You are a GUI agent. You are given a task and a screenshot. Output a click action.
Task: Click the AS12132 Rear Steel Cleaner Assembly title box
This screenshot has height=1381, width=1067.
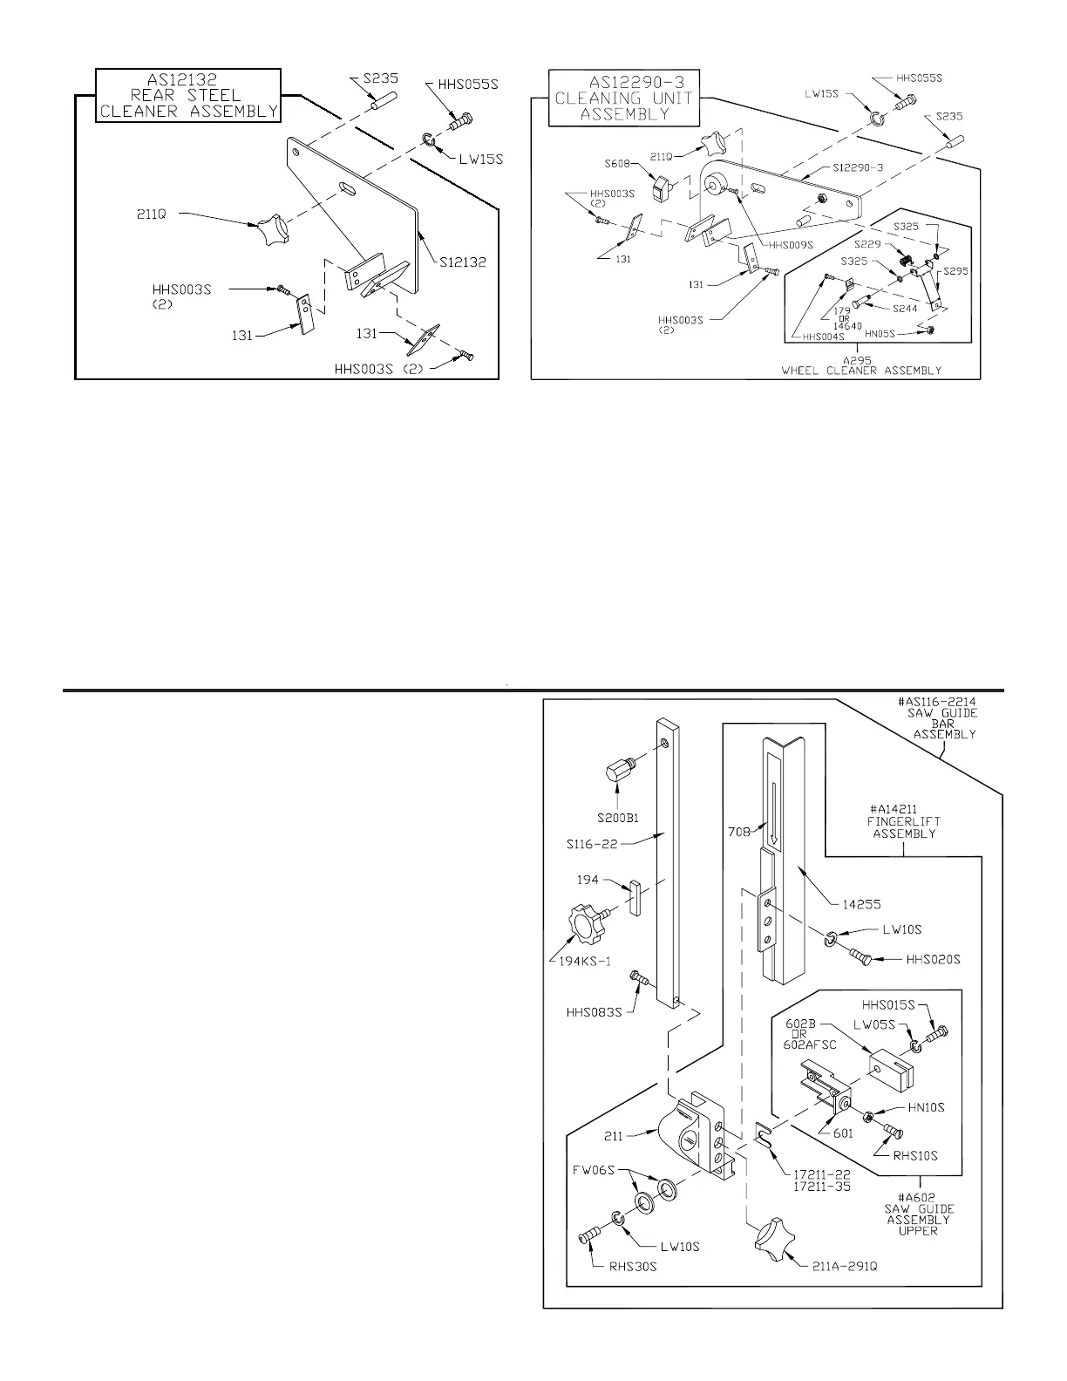tap(188, 95)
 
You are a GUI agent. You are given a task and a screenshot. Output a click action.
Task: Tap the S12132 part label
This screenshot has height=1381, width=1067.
tap(463, 262)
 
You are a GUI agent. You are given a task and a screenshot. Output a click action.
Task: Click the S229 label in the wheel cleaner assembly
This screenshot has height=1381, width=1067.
tap(867, 245)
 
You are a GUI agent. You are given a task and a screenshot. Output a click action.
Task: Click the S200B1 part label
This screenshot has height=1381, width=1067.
tap(619, 818)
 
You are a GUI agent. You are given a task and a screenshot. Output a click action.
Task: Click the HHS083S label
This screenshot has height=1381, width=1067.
tap(593, 1012)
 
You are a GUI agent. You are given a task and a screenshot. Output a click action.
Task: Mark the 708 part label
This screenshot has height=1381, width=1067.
tap(739, 831)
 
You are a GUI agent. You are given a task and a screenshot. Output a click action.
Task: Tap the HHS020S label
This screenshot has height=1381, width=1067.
tap(933, 959)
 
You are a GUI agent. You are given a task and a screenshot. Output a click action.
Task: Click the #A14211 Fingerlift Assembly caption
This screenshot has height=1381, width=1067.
tap(905, 820)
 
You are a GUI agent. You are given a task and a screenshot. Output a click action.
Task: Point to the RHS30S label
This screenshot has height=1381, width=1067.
tap(632, 1266)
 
